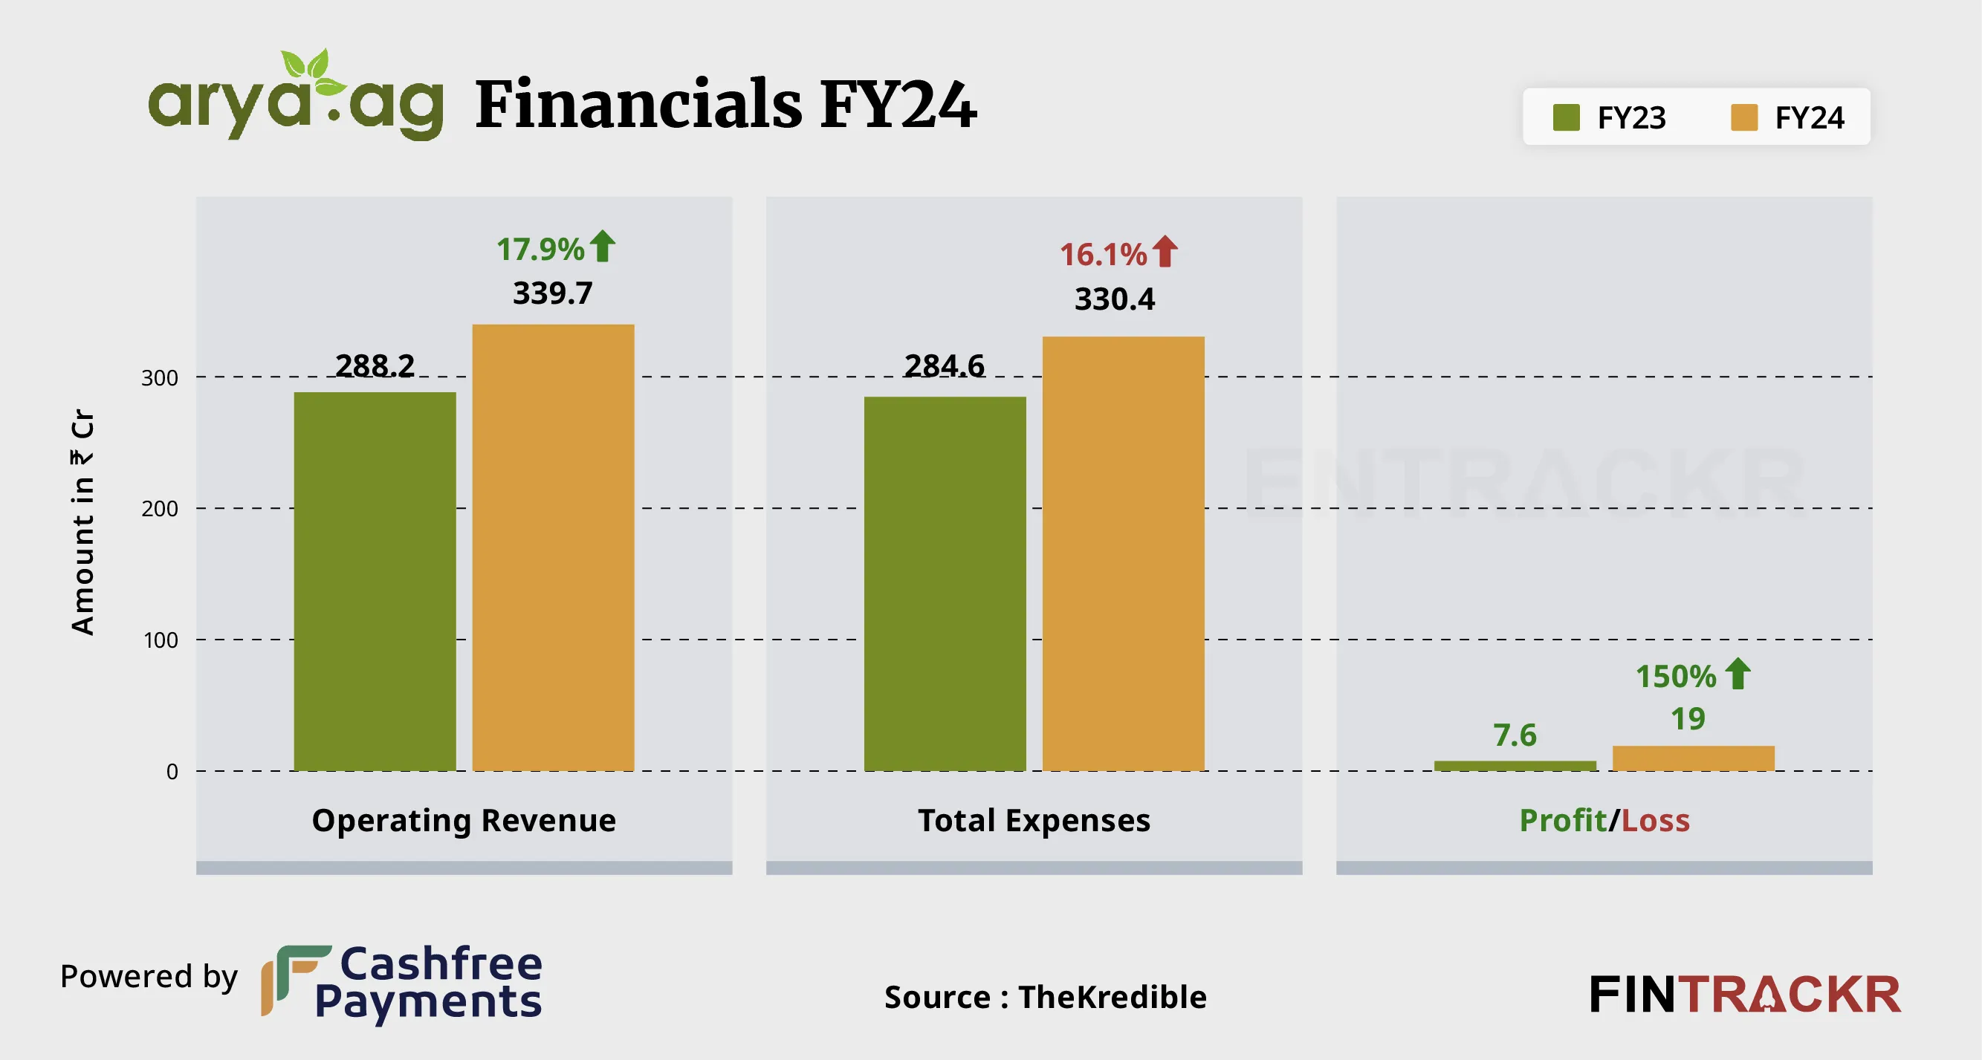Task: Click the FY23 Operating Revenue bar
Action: coord(375,581)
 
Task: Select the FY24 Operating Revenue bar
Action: coord(553,547)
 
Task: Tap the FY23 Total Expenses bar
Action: coord(945,583)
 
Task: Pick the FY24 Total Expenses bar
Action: coord(1124,553)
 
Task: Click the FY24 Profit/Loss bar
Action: coord(1694,758)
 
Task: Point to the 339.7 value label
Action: coord(552,293)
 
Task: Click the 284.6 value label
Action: coord(944,365)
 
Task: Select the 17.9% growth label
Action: coord(540,250)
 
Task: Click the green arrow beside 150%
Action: coord(1738,674)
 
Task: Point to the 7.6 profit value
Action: coord(1515,735)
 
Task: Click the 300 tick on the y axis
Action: coord(159,377)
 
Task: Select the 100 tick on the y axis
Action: coord(160,640)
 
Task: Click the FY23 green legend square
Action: coord(1566,117)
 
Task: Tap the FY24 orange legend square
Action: coord(1743,117)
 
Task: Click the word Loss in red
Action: coord(1656,821)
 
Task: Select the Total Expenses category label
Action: coord(1034,821)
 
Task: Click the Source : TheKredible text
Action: coord(1046,997)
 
